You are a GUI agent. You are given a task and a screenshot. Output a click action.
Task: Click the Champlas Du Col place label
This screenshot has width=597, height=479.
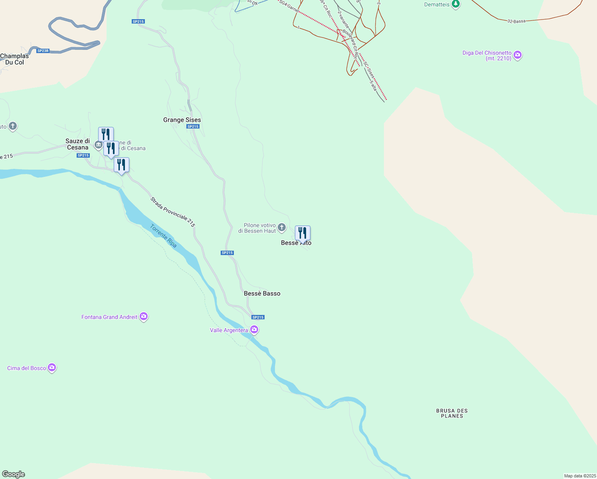coord(14,59)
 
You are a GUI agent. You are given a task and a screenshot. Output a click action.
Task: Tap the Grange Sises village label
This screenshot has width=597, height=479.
coord(182,120)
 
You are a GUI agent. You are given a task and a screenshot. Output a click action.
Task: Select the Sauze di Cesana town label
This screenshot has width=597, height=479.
coord(77,144)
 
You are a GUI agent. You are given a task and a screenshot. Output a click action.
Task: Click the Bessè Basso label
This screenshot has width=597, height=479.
coord(262,293)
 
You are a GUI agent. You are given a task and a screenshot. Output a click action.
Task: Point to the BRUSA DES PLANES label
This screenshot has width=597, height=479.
coord(452,413)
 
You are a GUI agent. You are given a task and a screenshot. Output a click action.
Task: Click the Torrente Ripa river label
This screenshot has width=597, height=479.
coord(163,236)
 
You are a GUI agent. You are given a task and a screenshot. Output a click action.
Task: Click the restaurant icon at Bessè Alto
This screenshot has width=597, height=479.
coord(302,233)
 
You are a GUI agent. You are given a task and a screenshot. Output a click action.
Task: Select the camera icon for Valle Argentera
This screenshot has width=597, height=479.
coord(254,330)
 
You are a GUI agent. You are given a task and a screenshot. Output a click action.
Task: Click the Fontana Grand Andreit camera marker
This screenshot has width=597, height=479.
coord(144,317)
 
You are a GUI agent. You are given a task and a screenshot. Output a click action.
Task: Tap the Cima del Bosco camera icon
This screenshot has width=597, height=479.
coord(52,368)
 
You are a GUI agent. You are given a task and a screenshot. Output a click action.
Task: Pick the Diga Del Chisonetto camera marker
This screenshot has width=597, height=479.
coord(518,55)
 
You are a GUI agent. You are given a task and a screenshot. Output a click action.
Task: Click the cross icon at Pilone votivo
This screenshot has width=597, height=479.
coord(282,228)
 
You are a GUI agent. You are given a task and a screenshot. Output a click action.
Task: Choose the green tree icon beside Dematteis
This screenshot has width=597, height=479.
coord(456,4)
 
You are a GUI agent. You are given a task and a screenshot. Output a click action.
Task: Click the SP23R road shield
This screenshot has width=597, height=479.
coord(43,51)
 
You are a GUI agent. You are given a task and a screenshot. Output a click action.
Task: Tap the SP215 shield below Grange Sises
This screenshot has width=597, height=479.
coord(193,127)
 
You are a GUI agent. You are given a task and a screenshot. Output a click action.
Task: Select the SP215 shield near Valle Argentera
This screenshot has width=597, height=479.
coord(258,317)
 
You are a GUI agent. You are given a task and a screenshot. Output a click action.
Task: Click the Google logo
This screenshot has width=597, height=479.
coord(14,474)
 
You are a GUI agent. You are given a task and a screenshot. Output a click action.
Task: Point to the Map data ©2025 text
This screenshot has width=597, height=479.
coord(580,476)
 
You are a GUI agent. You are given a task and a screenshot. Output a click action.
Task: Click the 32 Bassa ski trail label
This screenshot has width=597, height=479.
coord(516,21)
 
